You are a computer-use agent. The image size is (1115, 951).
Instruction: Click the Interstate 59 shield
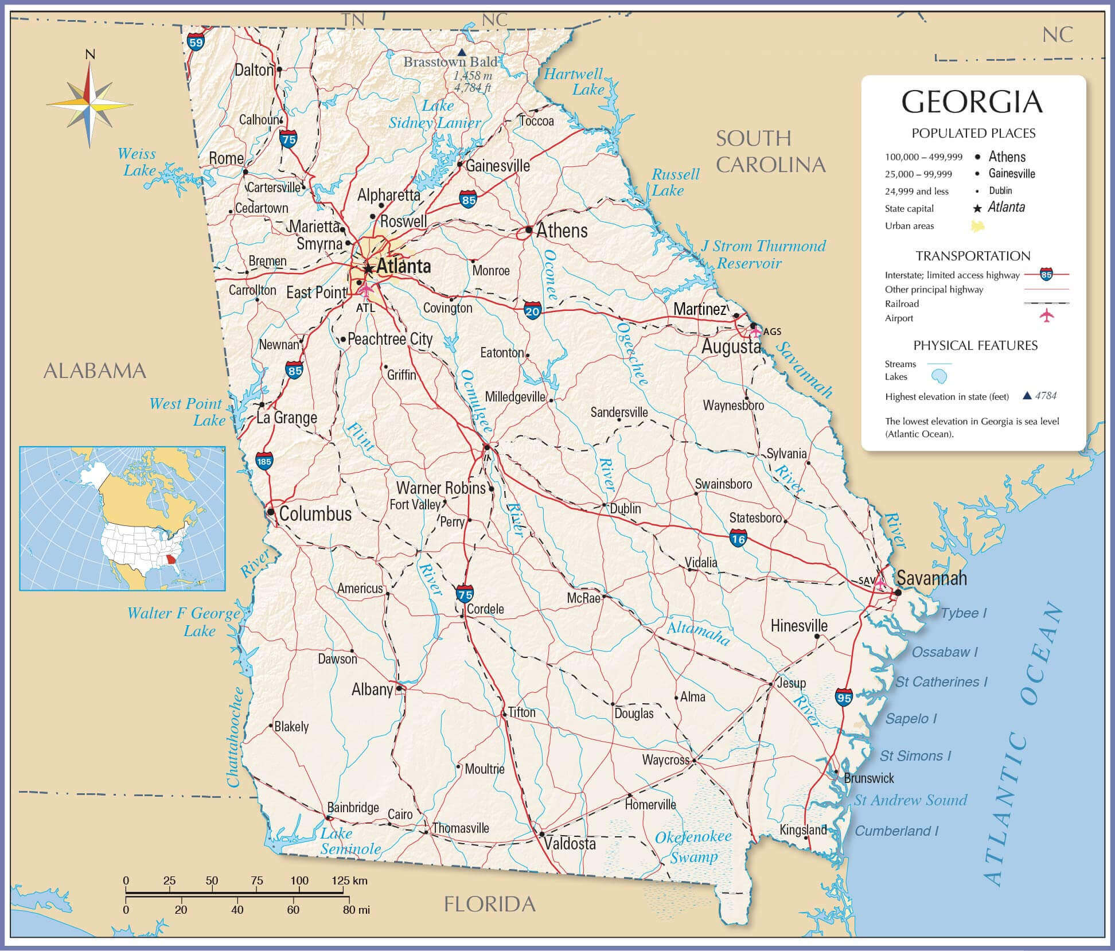tap(196, 41)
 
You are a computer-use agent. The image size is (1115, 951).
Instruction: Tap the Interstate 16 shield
tap(738, 538)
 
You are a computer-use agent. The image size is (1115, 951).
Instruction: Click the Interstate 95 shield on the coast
tap(844, 697)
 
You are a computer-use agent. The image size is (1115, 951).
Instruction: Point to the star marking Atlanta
tap(369, 268)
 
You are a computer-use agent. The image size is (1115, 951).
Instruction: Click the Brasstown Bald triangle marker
tap(461, 52)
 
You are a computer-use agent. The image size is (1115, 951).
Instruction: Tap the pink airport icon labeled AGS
tap(756, 331)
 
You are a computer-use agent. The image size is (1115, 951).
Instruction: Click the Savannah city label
tap(931, 578)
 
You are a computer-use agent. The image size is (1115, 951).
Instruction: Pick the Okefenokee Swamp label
tap(693, 847)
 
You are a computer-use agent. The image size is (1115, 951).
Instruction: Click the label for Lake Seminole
tap(350, 841)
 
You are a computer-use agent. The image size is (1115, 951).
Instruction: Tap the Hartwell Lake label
tap(574, 81)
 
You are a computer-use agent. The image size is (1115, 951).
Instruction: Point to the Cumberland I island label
tap(896, 831)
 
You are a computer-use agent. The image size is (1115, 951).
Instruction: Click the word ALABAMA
tap(95, 371)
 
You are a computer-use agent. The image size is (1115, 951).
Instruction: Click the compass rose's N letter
tap(90, 54)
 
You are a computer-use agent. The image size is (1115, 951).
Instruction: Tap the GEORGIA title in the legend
tap(972, 103)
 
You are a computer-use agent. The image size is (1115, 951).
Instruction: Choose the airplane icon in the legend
tap(1047, 316)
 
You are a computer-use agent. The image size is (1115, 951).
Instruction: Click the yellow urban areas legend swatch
tap(977, 226)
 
